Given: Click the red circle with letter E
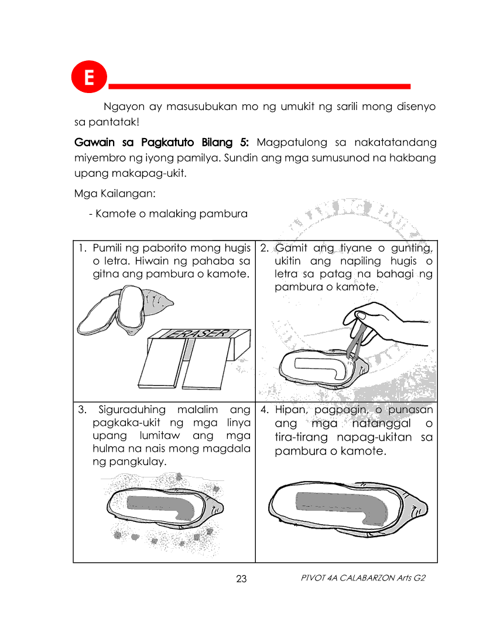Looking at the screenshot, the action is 89,77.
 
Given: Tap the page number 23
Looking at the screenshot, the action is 241,579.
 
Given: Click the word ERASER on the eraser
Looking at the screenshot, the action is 197,334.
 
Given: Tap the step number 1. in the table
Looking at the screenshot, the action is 83,248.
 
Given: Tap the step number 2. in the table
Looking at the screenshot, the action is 265,248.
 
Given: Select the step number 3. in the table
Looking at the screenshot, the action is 83,410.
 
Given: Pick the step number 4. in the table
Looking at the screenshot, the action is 265,410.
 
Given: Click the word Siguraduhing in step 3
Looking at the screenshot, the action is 132,410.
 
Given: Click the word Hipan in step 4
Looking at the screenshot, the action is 292,410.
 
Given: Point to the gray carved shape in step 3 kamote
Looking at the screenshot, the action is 161,507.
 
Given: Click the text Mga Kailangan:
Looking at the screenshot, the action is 115,193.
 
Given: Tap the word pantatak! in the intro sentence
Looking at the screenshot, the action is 114,122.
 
